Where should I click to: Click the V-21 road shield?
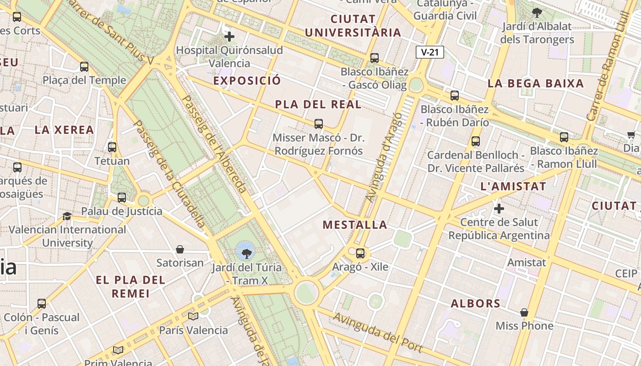coord(429,52)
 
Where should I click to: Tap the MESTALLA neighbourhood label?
coord(355,225)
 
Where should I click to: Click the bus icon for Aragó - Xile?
coord(360,253)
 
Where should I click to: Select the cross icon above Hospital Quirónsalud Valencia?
coord(229,36)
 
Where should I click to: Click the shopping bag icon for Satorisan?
coord(180,249)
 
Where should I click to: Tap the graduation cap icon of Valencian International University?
coord(67,216)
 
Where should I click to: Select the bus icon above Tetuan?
coord(112,147)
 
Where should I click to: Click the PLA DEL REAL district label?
coord(318,104)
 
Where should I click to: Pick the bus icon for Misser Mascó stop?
coord(319,124)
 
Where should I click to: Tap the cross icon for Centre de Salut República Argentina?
coord(499,209)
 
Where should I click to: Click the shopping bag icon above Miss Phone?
coord(524,312)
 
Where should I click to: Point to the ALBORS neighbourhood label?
coord(475,303)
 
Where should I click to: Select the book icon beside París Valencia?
coord(193,316)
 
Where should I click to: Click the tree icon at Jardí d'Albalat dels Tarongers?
coord(537,13)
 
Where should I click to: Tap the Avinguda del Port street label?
coord(377,332)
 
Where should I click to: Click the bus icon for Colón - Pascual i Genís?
coord(42,303)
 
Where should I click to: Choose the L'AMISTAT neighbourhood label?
coord(513,186)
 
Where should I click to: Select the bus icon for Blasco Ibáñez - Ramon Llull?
coord(564,137)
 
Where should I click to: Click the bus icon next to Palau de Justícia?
coord(122,198)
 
